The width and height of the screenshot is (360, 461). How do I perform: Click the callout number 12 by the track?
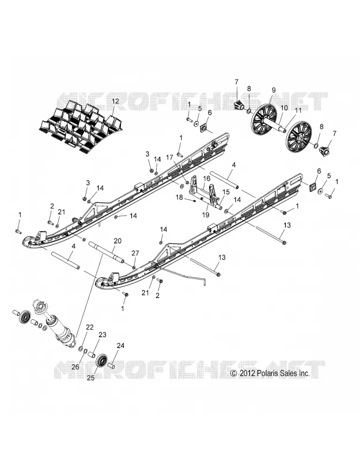[115, 101]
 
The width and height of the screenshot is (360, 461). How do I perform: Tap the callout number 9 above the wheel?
[274, 90]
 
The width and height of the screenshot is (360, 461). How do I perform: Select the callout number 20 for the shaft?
[118, 241]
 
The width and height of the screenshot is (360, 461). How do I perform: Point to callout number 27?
[135, 253]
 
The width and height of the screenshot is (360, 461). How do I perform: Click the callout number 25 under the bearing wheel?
[91, 378]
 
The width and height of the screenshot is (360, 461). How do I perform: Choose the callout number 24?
[121, 346]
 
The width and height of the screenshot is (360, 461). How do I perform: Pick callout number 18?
[179, 197]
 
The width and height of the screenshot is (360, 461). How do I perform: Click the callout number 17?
[169, 157]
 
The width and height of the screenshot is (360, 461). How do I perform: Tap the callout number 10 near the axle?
[284, 108]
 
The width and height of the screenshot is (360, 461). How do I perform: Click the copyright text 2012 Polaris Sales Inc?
[270, 373]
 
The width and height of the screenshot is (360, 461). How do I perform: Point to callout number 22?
[90, 327]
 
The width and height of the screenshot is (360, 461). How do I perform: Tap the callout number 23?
[103, 335]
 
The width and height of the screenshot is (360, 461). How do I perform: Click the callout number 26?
[75, 366]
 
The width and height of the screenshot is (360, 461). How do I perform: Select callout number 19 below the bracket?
[206, 215]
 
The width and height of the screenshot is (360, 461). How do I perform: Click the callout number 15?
[226, 192]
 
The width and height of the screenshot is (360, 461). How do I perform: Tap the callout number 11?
[298, 111]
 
